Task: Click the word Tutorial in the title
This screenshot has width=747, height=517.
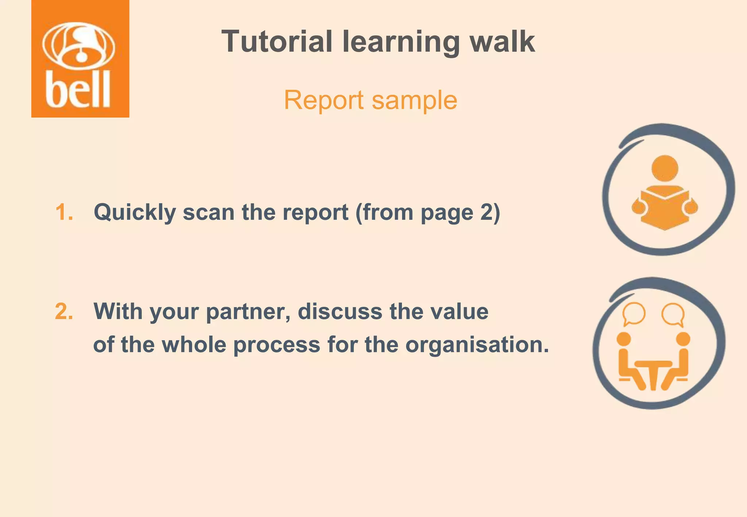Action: click(277, 42)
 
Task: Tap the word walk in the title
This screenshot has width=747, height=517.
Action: click(502, 42)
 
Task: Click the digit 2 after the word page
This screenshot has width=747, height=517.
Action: click(487, 212)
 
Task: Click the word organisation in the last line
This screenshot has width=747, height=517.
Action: click(477, 345)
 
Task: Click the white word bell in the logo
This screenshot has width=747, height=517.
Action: click(78, 90)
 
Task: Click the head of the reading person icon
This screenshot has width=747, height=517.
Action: click(665, 168)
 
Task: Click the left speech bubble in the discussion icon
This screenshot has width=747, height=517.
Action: click(634, 314)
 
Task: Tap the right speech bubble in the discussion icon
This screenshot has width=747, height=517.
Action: click(673, 314)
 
